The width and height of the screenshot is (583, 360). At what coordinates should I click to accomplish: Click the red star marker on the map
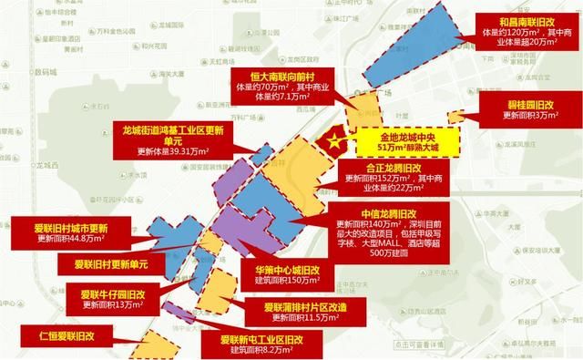334,141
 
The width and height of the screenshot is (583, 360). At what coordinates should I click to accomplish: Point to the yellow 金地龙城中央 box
408,142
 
